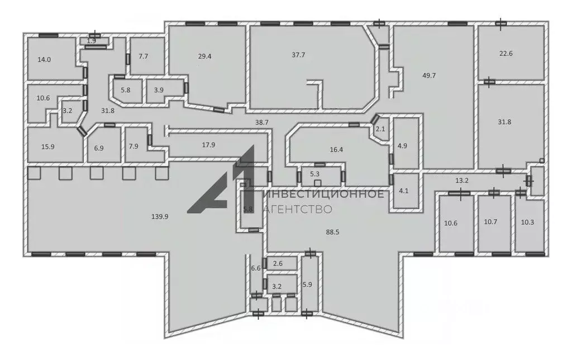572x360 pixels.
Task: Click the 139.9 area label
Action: click(160, 216)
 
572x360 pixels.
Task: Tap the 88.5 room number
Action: click(333, 232)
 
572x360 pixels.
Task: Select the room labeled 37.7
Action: click(298, 55)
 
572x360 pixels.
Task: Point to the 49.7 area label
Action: click(429, 75)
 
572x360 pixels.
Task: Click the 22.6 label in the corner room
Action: click(506, 53)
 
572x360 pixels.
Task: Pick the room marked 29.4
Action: click(204, 56)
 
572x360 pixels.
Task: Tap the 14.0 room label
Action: click(44, 59)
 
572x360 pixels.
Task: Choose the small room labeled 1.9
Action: click(91, 41)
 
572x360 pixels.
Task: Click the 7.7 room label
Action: click(144, 56)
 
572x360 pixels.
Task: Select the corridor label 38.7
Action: click(262, 122)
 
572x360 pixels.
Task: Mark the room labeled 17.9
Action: click(209, 145)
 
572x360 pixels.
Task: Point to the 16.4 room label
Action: click(336, 149)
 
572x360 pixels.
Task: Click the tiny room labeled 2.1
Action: click(380, 129)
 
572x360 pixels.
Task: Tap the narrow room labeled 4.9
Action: click(402, 146)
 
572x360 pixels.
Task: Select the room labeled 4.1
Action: click(404, 191)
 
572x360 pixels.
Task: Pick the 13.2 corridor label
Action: click(462, 181)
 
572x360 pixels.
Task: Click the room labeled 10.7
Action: click(490, 221)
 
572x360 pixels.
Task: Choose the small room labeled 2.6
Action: click(278, 263)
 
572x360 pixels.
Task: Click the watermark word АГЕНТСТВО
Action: click(298, 209)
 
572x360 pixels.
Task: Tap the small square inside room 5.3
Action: click(318, 183)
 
